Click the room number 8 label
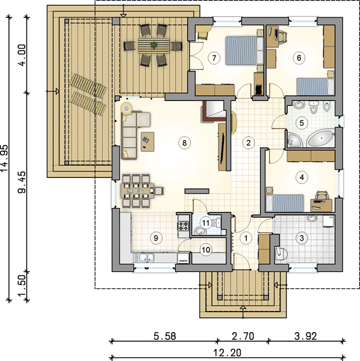coord(184,143)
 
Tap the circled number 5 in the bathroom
coord(302,123)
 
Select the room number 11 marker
coord(205,223)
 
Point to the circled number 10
coord(206,250)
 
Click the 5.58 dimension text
coord(165,336)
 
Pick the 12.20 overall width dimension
coord(228,353)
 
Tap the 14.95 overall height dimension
coord(5,158)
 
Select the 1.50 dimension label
coord(22,285)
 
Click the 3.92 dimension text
coord(306,336)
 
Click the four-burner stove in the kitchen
coord(183,226)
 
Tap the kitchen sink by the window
coord(144,258)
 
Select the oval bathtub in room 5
coord(321,138)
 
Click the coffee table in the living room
coord(147,141)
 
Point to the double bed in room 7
coord(244,50)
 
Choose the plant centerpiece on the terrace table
coord(153,45)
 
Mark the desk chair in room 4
coord(322,195)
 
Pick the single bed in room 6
coord(315,87)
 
